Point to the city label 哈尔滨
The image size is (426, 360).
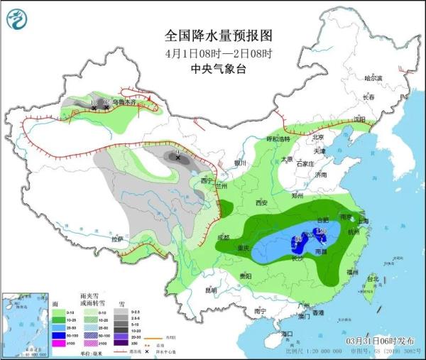[373, 77]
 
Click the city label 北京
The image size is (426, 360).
[317, 138]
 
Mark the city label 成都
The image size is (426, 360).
[225, 236]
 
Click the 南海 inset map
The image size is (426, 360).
[26, 323]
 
